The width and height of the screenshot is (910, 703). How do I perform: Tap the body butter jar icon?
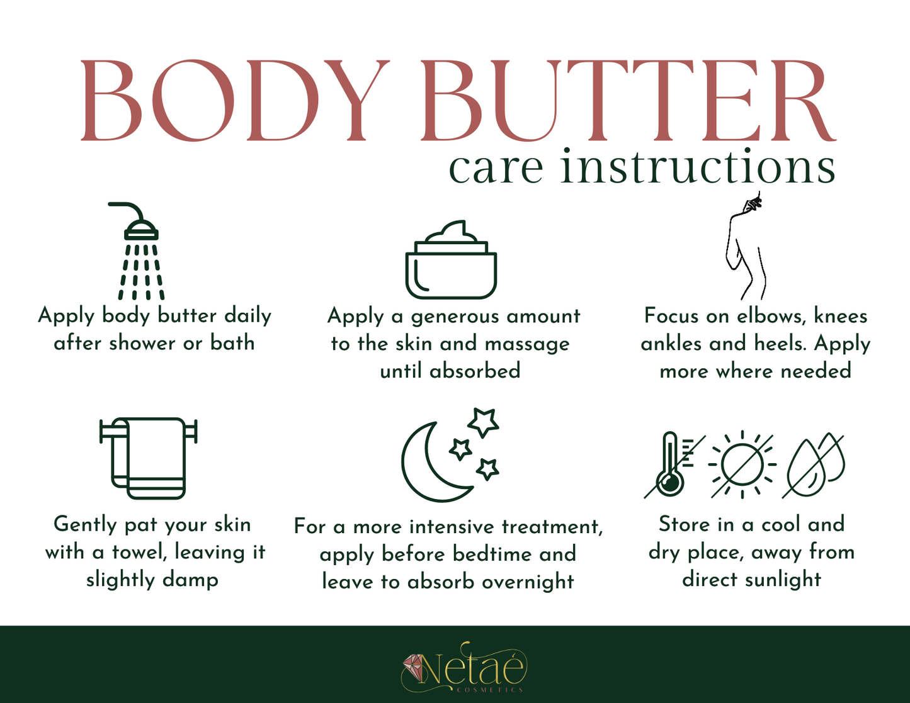point(451,261)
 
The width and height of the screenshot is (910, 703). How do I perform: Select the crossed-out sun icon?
point(742,464)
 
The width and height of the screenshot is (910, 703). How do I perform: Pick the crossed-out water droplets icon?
point(815,464)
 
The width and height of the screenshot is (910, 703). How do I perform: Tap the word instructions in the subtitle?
point(698,167)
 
